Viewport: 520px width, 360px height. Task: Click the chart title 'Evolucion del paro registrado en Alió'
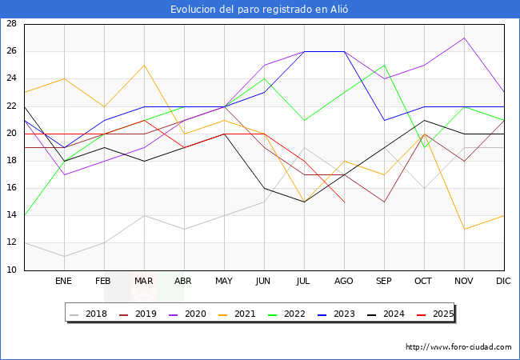click(x=260, y=9)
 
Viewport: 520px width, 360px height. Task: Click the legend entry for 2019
click(x=140, y=314)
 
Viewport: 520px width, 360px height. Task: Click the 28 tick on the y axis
click(x=12, y=24)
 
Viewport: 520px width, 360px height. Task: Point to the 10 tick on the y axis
click(x=12, y=270)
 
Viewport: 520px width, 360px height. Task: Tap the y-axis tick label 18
click(x=12, y=161)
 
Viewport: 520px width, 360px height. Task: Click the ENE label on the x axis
click(x=64, y=282)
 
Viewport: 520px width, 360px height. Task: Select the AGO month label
click(x=344, y=282)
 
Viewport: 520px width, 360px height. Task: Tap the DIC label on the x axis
click(x=504, y=282)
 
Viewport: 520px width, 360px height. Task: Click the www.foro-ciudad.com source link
click(x=458, y=347)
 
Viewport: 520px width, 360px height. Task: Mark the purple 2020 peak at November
click(x=464, y=38)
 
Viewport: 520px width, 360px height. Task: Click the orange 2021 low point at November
click(x=464, y=230)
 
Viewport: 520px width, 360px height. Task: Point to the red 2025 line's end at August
click(x=344, y=202)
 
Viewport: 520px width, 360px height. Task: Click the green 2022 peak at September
click(x=384, y=65)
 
